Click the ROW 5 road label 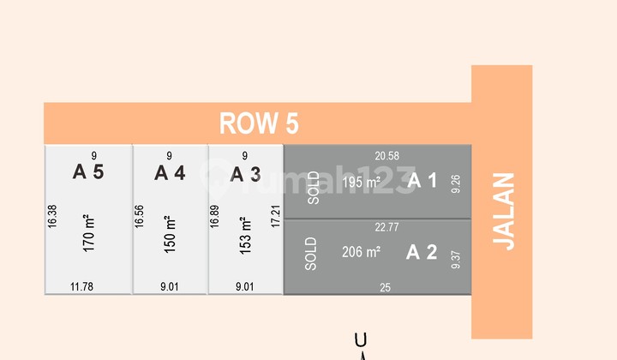coord(259,123)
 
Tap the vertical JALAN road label coord(506,212)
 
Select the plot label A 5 coord(88,172)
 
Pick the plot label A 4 coord(170,173)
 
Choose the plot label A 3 coord(245,174)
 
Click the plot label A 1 coord(422,181)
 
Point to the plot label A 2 coord(422,252)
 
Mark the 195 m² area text coord(362,183)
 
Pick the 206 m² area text coord(361,252)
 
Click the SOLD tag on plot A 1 coord(313,188)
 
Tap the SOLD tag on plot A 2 coord(311,255)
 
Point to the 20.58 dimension coord(387,155)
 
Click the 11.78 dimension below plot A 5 coord(81,287)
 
